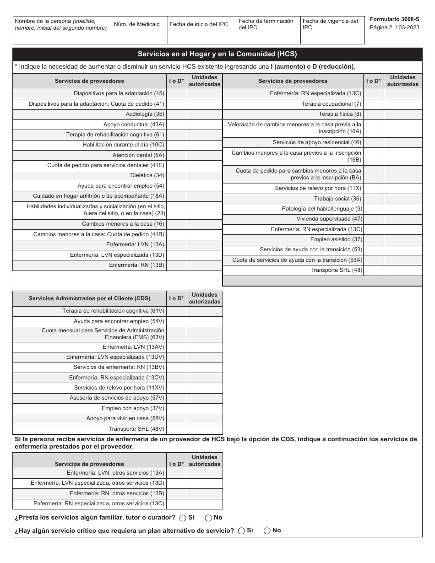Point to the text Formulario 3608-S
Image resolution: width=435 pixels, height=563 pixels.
(394, 20)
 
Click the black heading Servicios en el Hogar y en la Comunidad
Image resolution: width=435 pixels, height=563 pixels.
(217, 54)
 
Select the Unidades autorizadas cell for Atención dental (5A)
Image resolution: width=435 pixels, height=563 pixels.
(205, 155)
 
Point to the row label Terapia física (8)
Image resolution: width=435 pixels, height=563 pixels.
(340, 114)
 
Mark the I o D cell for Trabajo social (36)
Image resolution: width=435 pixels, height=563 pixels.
(374, 199)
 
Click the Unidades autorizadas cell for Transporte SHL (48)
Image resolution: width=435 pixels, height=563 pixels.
(403, 270)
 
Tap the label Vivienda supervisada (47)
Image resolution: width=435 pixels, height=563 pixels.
(329, 219)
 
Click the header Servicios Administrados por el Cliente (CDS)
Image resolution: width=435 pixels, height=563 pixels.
(89, 298)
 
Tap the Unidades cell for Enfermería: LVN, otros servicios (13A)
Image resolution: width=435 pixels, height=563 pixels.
(205, 473)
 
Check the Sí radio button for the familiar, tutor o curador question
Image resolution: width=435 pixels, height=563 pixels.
(183, 518)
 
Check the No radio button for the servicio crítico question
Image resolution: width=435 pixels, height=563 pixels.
(267, 531)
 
